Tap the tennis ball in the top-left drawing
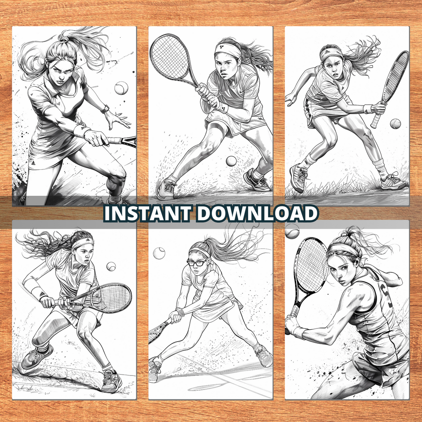(x=121, y=88)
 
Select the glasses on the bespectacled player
(x=197, y=262)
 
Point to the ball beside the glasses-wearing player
(x=159, y=253)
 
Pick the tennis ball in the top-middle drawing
(x=231, y=161)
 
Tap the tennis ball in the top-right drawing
(x=395, y=124)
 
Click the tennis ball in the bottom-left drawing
(x=111, y=266)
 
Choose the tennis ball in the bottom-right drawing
(x=292, y=232)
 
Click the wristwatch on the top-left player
(x=106, y=109)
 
